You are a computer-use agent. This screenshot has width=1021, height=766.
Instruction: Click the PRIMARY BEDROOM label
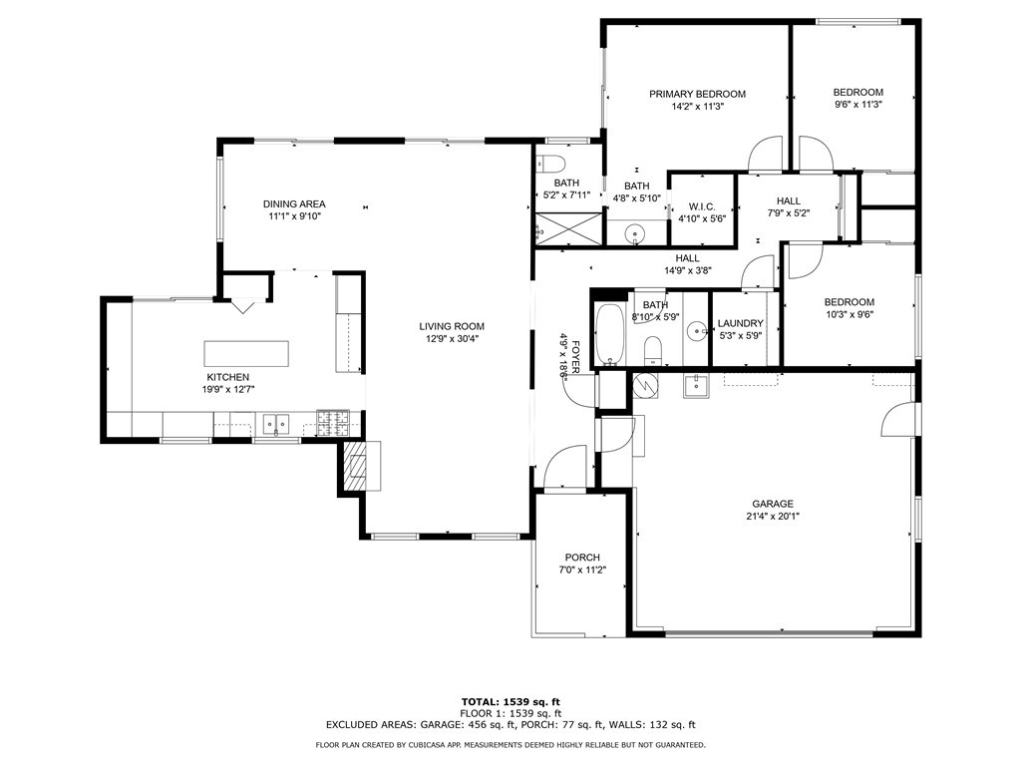697,94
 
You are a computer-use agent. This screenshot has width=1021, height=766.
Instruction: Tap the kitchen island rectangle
246,353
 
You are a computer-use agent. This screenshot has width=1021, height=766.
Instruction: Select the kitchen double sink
276,424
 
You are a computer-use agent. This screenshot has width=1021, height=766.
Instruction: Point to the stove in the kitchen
333,423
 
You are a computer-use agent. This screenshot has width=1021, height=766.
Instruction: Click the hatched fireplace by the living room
356,466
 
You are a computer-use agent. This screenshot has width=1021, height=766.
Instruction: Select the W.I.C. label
702,206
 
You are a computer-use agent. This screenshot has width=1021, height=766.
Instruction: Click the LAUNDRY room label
741,323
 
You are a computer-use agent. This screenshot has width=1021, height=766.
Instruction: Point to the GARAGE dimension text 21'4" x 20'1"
773,516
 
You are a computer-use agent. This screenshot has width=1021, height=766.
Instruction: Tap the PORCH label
582,558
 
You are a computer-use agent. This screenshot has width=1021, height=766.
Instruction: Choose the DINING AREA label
294,203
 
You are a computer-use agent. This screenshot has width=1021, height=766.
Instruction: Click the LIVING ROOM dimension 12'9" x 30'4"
452,339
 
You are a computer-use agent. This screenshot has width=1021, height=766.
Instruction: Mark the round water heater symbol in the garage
645,385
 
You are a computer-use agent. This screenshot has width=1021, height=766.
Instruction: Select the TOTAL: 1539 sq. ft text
510,701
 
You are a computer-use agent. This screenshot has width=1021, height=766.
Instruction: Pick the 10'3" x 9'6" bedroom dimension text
850,314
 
